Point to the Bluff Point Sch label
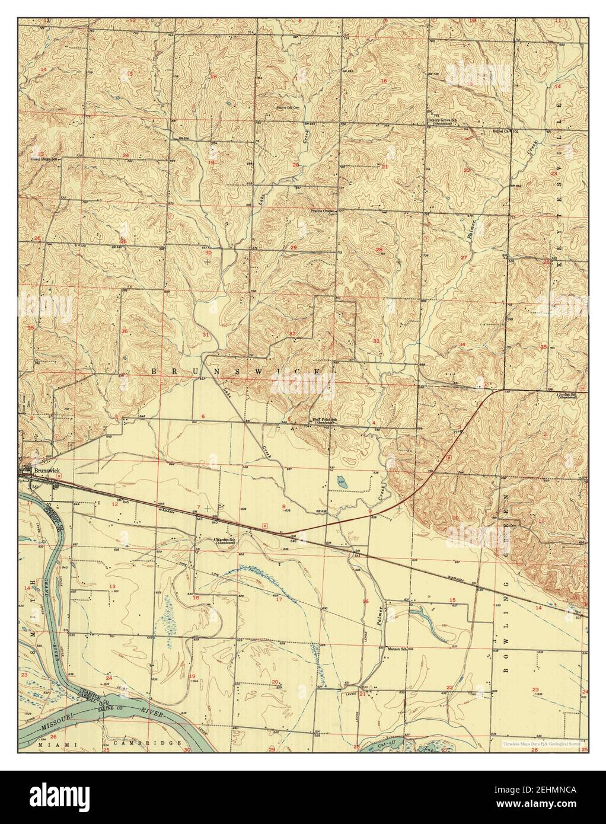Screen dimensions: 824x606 coord(325,419)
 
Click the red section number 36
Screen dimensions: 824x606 coord(124,331)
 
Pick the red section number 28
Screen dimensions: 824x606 coord(379,250)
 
